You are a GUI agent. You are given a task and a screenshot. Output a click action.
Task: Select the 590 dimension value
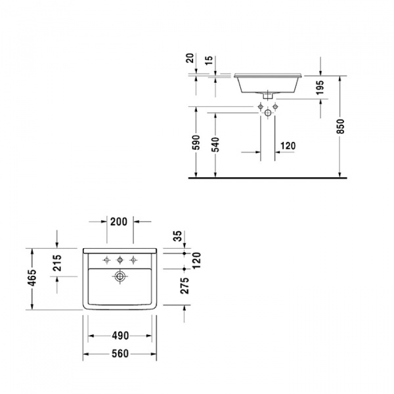tap(196, 143)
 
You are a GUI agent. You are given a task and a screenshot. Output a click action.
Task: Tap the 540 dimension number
tap(215, 143)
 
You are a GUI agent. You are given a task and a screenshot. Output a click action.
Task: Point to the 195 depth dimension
tap(320, 87)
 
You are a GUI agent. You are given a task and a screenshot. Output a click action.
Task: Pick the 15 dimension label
tap(209, 60)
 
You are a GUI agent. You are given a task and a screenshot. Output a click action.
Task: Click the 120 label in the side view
tap(287, 146)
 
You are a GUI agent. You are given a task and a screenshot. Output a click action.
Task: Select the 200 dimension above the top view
tap(119, 222)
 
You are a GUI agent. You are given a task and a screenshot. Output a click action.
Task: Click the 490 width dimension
tap(119, 336)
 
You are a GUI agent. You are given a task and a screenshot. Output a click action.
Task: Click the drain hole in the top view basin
tap(120, 276)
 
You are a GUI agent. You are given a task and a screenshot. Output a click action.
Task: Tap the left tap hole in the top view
tap(106, 259)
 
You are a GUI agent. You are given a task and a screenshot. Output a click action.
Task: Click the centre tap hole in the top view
tap(120, 259)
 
